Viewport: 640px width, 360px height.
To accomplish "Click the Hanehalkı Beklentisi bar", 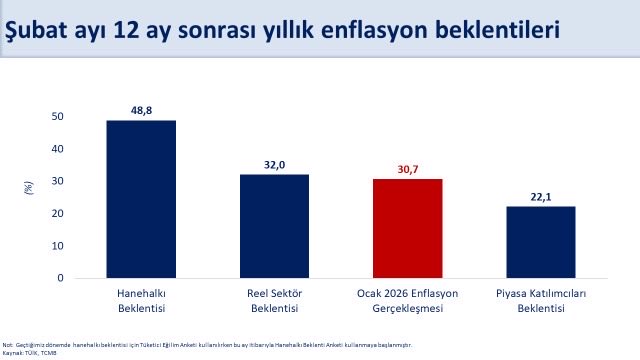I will pyautogui.click(x=141, y=199).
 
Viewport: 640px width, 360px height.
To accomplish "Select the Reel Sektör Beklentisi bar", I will pyautogui.click(x=274, y=226).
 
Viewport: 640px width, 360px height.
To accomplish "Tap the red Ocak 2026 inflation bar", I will pyautogui.click(x=407, y=228).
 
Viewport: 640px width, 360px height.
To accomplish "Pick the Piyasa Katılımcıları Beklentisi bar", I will pyautogui.click(x=540, y=242).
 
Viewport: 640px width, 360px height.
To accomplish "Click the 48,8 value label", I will pyautogui.click(x=141, y=108).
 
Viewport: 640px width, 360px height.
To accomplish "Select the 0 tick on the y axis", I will pyautogui.click(x=60, y=278).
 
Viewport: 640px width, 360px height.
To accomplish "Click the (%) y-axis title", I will pyautogui.click(x=28, y=189).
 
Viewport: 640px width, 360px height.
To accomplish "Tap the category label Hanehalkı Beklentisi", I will pyautogui.click(x=141, y=300).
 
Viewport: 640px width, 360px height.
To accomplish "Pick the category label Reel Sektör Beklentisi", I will pyautogui.click(x=274, y=300).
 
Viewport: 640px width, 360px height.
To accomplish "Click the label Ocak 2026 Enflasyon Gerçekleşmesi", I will pyautogui.click(x=407, y=300).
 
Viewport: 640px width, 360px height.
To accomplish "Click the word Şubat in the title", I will pyautogui.click(x=38, y=30).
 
